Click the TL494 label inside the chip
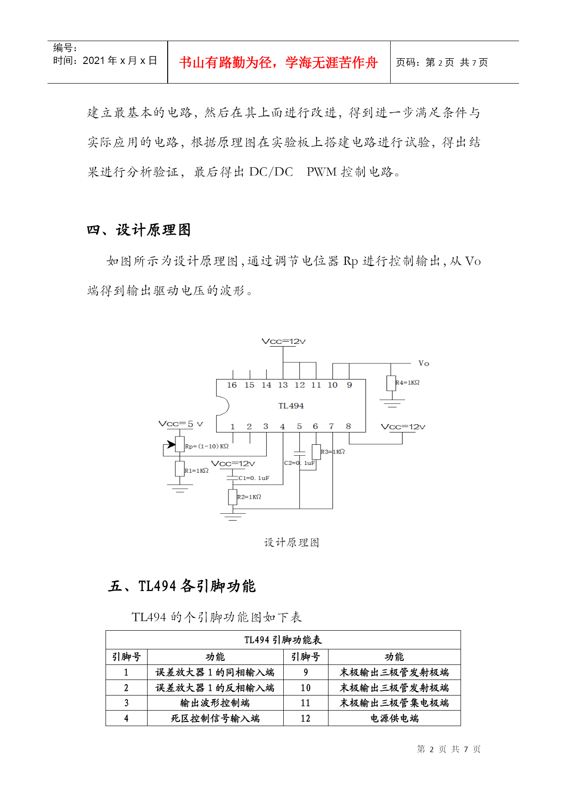pyautogui.click(x=291, y=406)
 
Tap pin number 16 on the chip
pyautogui.click(x=232, y=385)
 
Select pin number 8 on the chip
pyautogui.click(x=348, y=426)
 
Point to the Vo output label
pyautogui.click(x=424, y=364)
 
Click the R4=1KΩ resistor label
pyautogui.click(x=408, y=382)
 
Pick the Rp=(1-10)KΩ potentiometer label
pyautogui.click(x=207, y=446)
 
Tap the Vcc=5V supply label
pyautogui.click(x=180, y=424)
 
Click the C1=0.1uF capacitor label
pyautogui.click(x=254, y=478)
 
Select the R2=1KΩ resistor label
pyautogui.click(x=249, y=497)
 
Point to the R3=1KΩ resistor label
pyautogui.click(x=333, y=452)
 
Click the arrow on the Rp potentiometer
pyautogui.click(x=170, y=444)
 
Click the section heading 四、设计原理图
pyautogui.click(x=138, y=230)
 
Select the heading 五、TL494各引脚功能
pyautogui.click(x=182, y=586)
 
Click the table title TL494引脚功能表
pyautogui.click(x=283, y=640)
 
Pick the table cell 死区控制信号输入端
pyautogui.click(x=215, y=718)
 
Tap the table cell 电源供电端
pyautogui.click(x=394, y=718)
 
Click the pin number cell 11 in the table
pyautogui.click(x=306, y=703)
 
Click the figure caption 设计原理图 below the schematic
pyautogui.click(x=291, y=543)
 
